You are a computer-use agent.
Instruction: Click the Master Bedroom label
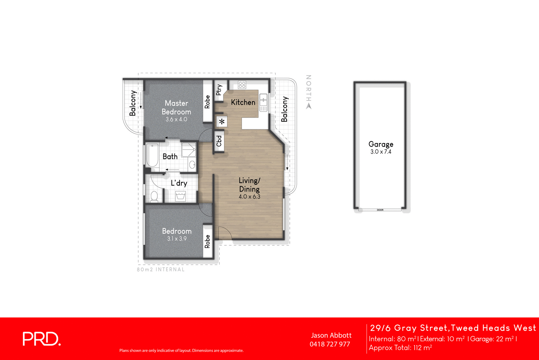176,108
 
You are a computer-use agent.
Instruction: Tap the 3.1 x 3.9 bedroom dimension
177,239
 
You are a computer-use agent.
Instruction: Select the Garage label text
381,144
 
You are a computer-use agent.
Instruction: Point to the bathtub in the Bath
152,155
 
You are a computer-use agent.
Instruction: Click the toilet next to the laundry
154,196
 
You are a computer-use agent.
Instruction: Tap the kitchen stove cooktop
242,85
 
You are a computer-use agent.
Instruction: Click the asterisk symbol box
222,122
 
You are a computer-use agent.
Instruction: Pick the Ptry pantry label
219,90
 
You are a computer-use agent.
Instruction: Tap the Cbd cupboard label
219,141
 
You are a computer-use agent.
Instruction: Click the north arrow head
309,106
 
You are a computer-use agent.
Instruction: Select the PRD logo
42,339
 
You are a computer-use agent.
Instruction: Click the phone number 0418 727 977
330,344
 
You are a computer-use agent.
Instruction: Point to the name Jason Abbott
331,335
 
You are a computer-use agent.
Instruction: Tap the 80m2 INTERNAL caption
161,269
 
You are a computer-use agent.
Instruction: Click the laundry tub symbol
180,196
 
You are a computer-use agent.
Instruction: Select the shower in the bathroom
189,150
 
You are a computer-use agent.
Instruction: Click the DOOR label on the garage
380,210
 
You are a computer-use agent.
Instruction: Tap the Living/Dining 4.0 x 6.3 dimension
250,197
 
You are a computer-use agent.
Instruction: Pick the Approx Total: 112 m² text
400,348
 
